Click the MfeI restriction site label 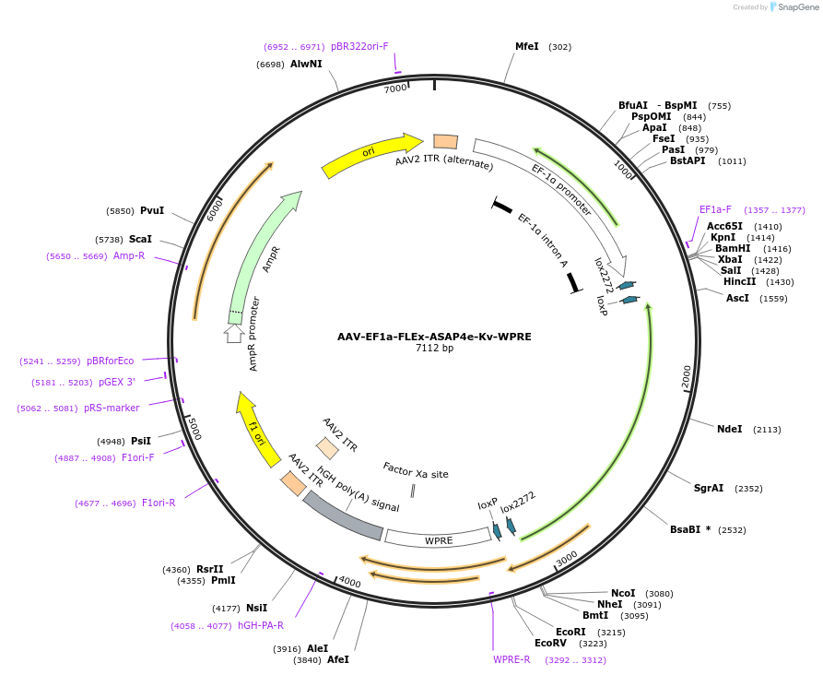pyautogui.click(x=526, y=46)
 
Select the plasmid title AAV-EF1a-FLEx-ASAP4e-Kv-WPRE pyautogui.click(x=434, y=336)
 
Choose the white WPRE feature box pyautogui.click(x=438, y=538)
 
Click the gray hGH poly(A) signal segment pyautogui.click(x=343, y=515)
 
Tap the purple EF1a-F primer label pyautogui.click(x=715, y=209)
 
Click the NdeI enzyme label pyautogui.click(x=729, y=429)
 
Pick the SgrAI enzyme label pyautogui.click(x=709, y=488)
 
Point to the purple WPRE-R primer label pyautogui.click(x=511, y=659)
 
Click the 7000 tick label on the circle pyautogui.click(x=395, y=89)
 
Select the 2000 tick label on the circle pyautogui.click(x=686, y=377)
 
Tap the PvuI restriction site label pyautogui.click(x=152, y=210)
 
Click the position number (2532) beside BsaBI pyautogui.click(x=733, y=530)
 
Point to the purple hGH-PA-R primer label pyautogui.click(x=261, y=625)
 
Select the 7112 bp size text pyautogui.click(x=434, y=348)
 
